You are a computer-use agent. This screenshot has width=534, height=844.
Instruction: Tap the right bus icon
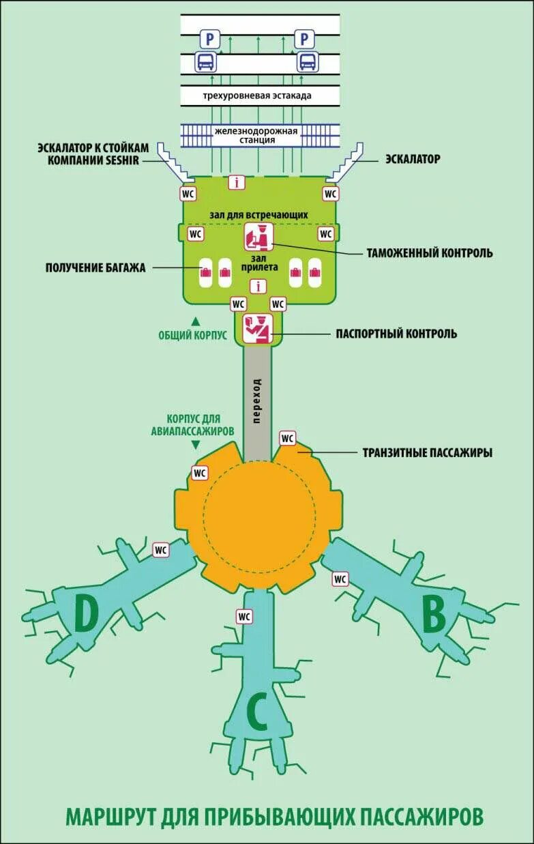(307, 63)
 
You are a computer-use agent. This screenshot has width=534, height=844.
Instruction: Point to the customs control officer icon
(258, 237)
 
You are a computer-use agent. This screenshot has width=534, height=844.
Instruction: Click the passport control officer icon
(258, 329)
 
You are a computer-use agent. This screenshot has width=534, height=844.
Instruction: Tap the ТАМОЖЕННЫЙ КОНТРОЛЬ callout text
(430, 253)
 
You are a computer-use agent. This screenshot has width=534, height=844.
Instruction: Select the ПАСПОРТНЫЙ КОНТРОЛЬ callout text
(396, 334)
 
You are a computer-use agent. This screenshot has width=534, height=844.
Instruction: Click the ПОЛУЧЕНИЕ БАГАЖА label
(96, 268)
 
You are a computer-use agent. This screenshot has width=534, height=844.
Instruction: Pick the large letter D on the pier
(85, 615)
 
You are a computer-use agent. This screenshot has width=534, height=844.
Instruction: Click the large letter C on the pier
(256, 713)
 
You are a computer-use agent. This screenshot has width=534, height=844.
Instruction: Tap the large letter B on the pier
(434, 616)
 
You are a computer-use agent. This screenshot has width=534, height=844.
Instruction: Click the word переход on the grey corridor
(256, 401)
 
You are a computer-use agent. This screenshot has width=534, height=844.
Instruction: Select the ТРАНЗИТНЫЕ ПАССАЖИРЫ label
(428, 452)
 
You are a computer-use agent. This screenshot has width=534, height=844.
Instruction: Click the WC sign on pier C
(245, 616)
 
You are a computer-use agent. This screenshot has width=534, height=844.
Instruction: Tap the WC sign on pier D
(161, 549)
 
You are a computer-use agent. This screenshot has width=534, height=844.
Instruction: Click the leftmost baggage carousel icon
(205, 273)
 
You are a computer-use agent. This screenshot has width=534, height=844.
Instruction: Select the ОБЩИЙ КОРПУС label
(193, 335)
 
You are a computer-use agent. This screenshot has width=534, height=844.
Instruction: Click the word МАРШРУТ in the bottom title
(113, 816)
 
